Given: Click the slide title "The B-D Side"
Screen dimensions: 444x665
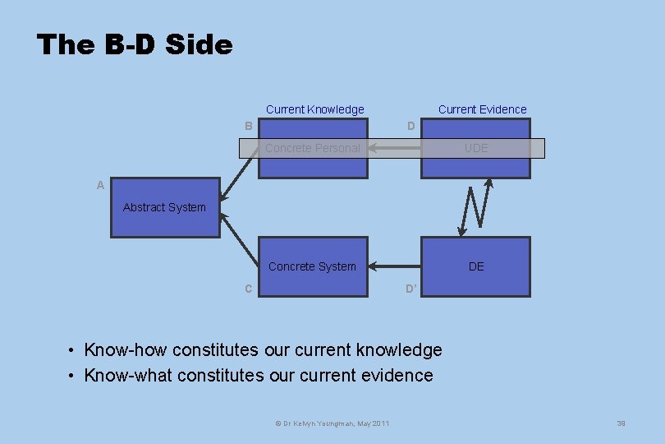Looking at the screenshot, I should (135, 44).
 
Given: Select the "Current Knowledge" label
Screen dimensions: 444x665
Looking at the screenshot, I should (314, 109).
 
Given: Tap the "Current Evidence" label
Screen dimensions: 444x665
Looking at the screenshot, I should (482, 109).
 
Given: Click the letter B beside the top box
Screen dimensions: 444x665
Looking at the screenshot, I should (249, 126).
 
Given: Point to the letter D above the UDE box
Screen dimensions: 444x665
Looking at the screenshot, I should (411, 126).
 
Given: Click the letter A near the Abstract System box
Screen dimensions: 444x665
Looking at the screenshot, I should (100, 186).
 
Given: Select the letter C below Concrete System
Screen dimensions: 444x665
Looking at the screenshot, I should (248, 289).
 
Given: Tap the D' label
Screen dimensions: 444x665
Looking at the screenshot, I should (412, 289).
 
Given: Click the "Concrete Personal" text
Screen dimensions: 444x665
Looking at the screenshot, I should (312, 148).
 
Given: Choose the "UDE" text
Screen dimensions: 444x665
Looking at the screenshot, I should (475, 148).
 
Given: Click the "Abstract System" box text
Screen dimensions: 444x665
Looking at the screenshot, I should (164, 207).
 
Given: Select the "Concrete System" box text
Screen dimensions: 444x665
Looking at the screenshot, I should (312, 266).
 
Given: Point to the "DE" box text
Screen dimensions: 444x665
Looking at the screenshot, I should (475, 266).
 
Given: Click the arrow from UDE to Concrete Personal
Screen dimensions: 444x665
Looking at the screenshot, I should (394, 148).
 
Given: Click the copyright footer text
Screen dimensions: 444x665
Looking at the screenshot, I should (332, 423).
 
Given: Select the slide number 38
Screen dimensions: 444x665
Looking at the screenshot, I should (621, 423).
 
